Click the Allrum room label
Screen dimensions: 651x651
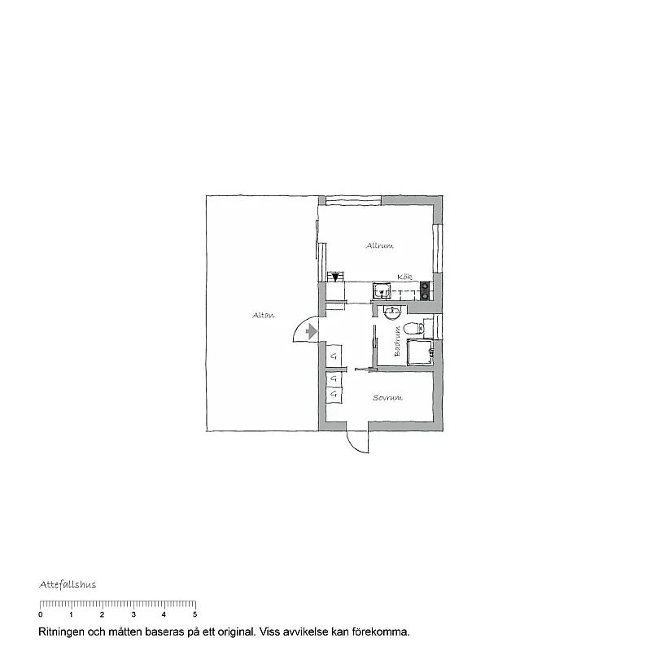pos(380,245)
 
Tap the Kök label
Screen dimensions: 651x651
pos(404,277)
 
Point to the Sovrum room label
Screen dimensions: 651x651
pos(388,398)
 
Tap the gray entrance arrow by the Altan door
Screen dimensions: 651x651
pos(310,331)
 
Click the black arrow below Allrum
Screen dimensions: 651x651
pos(335,277)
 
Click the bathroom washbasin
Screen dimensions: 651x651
pos(391,310)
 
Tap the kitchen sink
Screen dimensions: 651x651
pos(380,290)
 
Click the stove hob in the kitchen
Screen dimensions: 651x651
pos(424,289)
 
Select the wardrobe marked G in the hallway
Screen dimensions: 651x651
pos(334,356)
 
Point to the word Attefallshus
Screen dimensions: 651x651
pos(68,584)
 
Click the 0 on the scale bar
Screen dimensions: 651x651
pos(41,614)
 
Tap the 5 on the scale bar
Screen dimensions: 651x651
pos(194,614)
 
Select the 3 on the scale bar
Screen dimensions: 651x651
pos(133,614)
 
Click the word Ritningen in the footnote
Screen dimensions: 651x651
pos(63,631)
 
